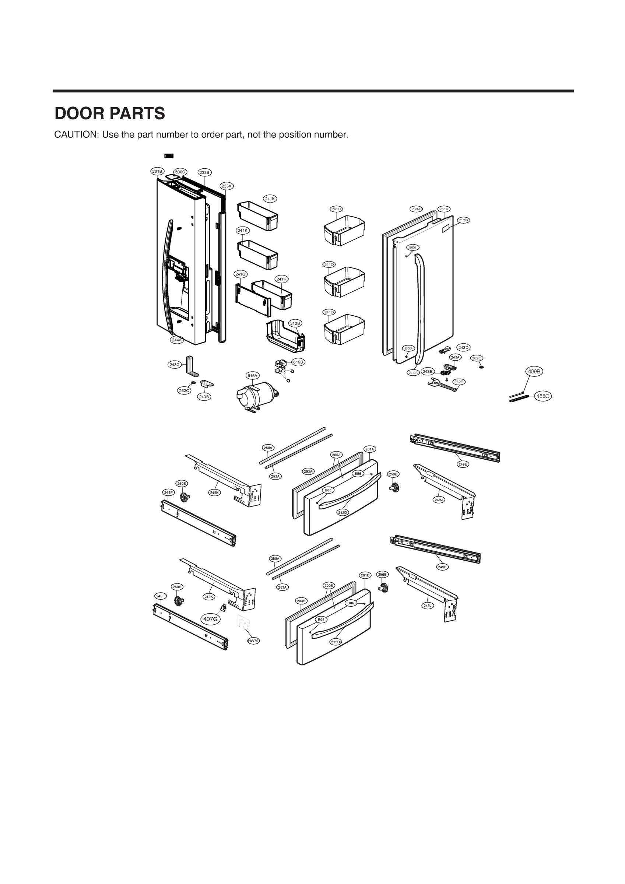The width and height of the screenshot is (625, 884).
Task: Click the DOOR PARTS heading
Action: click(110, 113)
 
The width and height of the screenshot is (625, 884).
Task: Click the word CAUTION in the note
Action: click(76, 135)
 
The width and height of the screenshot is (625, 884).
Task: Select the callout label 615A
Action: click(252, 375)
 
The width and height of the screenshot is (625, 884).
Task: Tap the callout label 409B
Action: click(534, 372)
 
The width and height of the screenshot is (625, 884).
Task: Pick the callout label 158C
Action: click(543, 396)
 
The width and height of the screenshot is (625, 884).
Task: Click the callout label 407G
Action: click(211, 619)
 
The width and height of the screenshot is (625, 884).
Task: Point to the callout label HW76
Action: click(253, 641)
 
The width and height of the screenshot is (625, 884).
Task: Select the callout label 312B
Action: click(295, 323)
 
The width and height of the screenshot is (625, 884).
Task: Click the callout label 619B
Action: click(298, 362)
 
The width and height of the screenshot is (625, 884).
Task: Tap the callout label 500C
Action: click(180, 172)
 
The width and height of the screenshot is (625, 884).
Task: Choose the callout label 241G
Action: click(240, 274)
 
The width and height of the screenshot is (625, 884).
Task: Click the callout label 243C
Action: click(175, 365)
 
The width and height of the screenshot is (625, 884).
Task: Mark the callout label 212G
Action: click(463, 220)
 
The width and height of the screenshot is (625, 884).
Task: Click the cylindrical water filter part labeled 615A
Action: click(256, 397)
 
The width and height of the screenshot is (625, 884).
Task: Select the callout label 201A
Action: click(370, 449)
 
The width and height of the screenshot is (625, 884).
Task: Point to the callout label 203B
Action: click(301, 601)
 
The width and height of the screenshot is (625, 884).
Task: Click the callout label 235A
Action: click(227, 186)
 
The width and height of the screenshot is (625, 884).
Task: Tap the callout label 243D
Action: click(463, 348)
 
